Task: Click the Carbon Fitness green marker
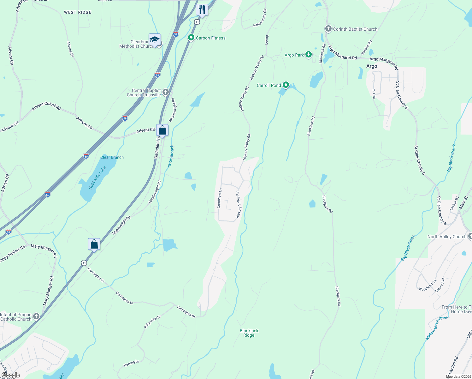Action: pos(191,38)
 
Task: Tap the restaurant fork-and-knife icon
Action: pos(202,9)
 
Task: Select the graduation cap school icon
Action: pos(155,40)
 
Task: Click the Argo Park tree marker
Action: pos(309,55)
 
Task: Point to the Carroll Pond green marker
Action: pos(286,85)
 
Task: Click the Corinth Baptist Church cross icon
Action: pos(328,29)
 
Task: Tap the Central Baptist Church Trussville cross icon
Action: pos(166,92)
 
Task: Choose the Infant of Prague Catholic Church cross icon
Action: pos(36,316)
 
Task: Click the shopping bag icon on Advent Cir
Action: pos(162,130)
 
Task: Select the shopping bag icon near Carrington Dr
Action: pos(94,244)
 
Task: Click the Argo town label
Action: pos(372,66)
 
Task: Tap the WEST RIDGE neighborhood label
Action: pos(78,12)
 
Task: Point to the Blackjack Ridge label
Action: pos(249,333)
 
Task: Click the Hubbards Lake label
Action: pos(97,178)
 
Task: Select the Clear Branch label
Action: pos(112,157)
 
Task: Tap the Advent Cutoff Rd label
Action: pos(46,106)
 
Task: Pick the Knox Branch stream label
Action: pos(171,156)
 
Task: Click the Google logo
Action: pos(10,375)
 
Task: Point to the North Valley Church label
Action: pos(447,237)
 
